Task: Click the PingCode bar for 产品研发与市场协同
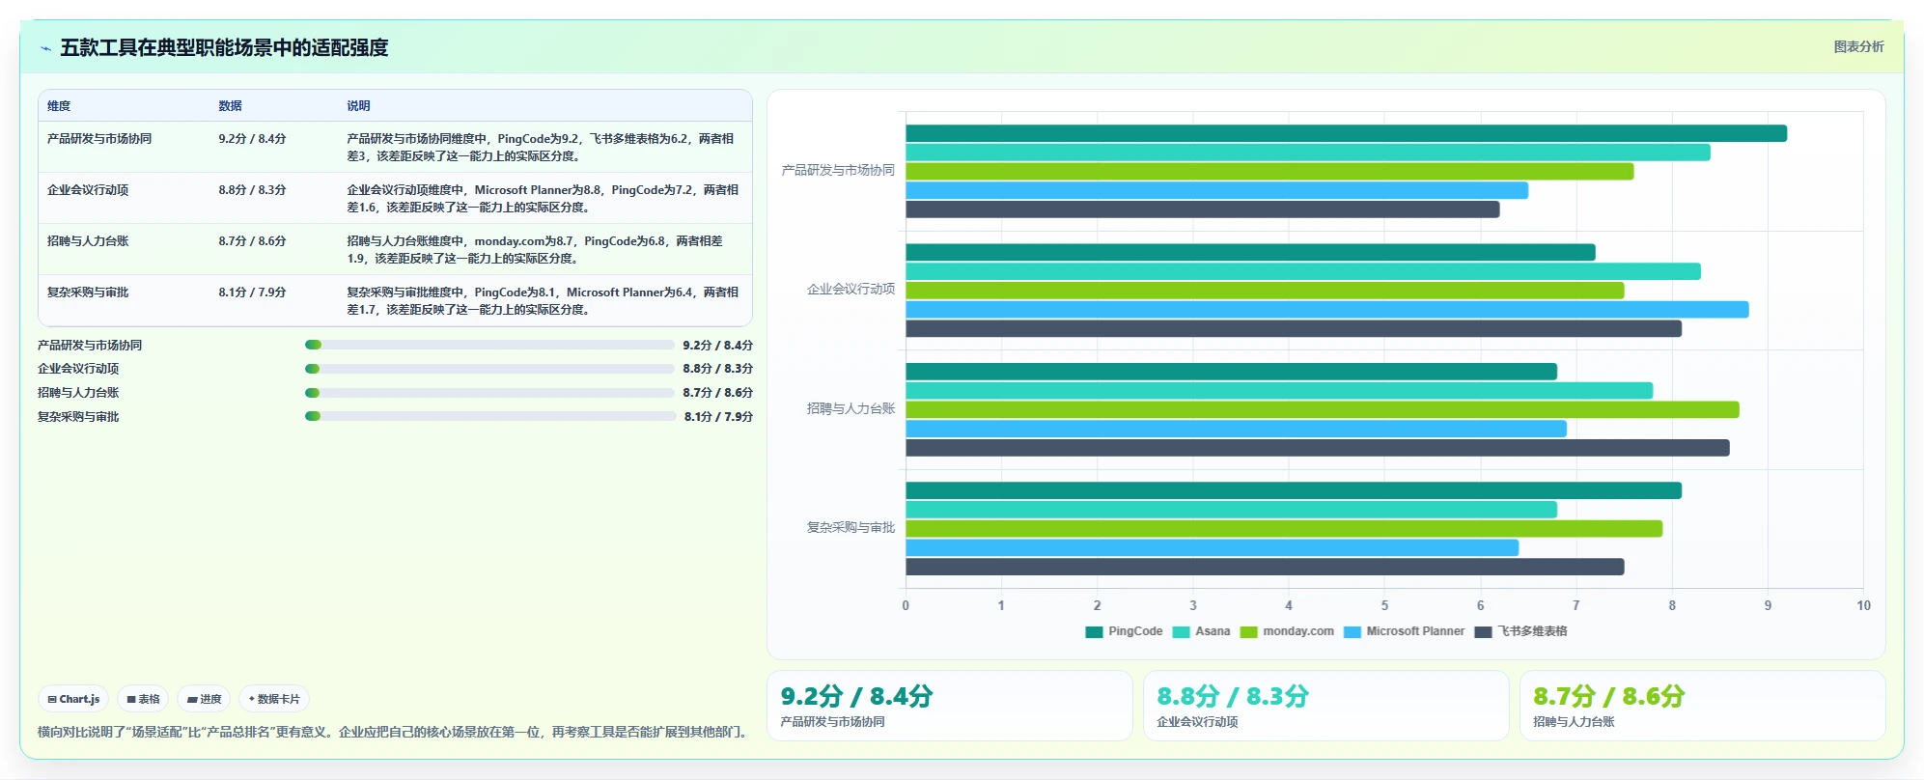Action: (x=1346, y=133)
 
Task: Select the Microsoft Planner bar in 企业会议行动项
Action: (x=1326, y=310)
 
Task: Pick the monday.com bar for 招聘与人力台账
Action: (x=1322, y=409)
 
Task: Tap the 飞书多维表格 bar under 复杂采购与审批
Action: (x=1265, y=567)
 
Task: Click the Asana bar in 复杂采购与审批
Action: (x=1231, y=510)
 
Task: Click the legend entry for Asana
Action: (x=1201, y=631)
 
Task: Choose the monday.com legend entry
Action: (x=1287, y=631)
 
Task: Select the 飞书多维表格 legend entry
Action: (x=1521, y=631)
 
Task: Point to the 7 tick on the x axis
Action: (x=1576, y=605)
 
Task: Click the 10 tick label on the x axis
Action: (x=1863, y=605)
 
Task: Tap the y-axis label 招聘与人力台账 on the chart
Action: (x=850, y=408)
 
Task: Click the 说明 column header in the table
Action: (x=358, y=106)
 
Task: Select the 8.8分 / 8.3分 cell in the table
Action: (x=252, y=190)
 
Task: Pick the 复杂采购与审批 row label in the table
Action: (x=88, y=292)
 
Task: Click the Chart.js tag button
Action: (x=73, y=699)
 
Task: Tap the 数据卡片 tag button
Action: (x=274, y=699)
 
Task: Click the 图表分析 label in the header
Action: (x=1858, y=46)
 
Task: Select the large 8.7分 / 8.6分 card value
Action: (x=1608, y=696)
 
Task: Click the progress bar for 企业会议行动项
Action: (x=489, y=369)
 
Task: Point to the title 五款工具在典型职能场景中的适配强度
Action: (x=224, y=47)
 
